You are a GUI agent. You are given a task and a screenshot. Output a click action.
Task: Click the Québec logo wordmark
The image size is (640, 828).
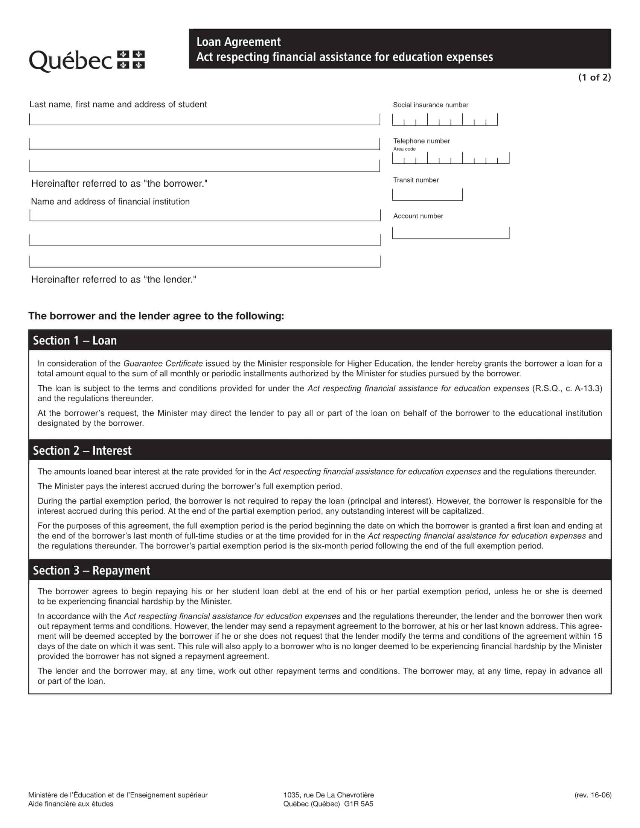[70, 61]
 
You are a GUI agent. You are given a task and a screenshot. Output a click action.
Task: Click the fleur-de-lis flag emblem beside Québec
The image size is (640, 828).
[131, 60]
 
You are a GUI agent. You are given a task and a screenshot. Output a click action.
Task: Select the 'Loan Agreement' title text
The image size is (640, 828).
[238, 42]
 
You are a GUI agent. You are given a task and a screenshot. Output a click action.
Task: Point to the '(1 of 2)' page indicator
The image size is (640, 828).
[594, 77]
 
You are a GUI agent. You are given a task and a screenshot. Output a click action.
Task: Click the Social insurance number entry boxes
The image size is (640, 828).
[445, 120]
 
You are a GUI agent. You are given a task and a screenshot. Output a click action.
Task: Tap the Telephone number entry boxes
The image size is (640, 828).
[450, 158]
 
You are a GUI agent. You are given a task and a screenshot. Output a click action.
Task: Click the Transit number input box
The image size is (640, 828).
[427, 195]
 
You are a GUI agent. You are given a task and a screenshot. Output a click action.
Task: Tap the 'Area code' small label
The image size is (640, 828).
[404, 149]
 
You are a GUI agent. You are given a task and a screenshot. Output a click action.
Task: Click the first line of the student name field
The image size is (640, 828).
[204, 119]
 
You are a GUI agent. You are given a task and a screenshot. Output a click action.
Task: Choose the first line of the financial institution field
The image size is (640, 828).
[205, 215]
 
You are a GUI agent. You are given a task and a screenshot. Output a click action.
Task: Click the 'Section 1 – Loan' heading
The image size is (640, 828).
[75, 341]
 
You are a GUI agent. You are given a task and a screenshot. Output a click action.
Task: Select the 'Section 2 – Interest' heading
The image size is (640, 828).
[82, 451]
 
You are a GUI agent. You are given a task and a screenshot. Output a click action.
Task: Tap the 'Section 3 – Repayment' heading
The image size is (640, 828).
[91, 570]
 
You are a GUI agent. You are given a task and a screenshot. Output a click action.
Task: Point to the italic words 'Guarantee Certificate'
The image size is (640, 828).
[163, 364]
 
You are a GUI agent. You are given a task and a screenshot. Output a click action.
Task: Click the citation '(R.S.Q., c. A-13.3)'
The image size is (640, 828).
[567, 388]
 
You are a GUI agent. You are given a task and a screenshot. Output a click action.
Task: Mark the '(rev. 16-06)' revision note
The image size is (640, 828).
[593, 795]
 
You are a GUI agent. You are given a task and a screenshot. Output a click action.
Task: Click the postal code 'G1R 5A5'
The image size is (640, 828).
[359, 804]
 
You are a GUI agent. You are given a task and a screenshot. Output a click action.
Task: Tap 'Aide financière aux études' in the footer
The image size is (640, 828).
[70, 804]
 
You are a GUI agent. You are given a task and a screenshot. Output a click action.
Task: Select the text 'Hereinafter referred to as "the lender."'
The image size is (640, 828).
[114, 279]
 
